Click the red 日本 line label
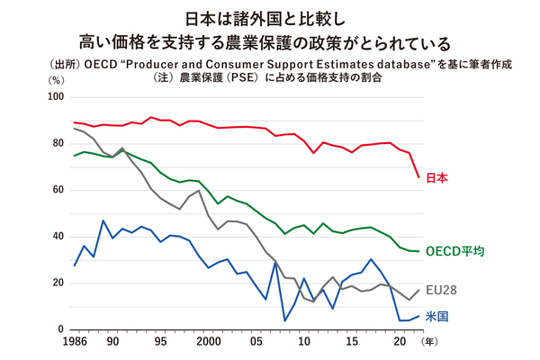point(436,178)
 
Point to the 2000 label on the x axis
point(208,344)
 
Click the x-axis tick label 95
point(160,344)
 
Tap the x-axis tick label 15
point(351,344)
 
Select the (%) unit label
point(55,79)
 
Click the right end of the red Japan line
point(418,176)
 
